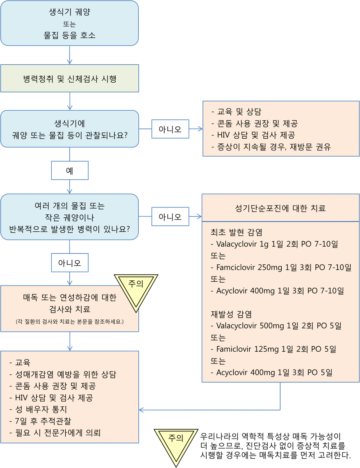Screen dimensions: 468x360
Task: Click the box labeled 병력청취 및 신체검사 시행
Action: (70, 79)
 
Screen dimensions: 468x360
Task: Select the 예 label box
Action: (70, 171)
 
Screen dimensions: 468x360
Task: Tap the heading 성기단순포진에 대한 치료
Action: (280, 208)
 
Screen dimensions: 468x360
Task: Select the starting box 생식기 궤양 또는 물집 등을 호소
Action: (70, 23)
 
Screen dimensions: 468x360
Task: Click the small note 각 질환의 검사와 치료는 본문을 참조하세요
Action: (70, 321)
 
